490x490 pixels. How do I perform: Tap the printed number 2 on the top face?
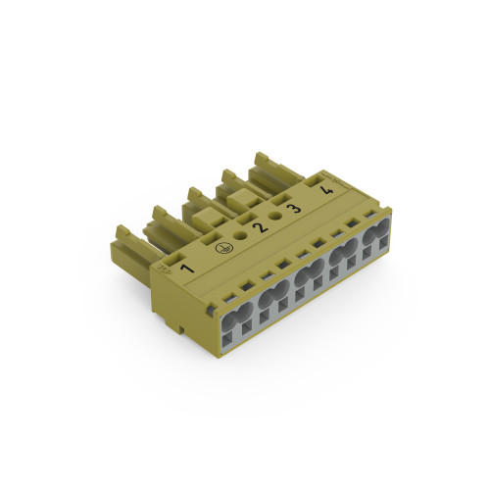[x=259, y=227]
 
